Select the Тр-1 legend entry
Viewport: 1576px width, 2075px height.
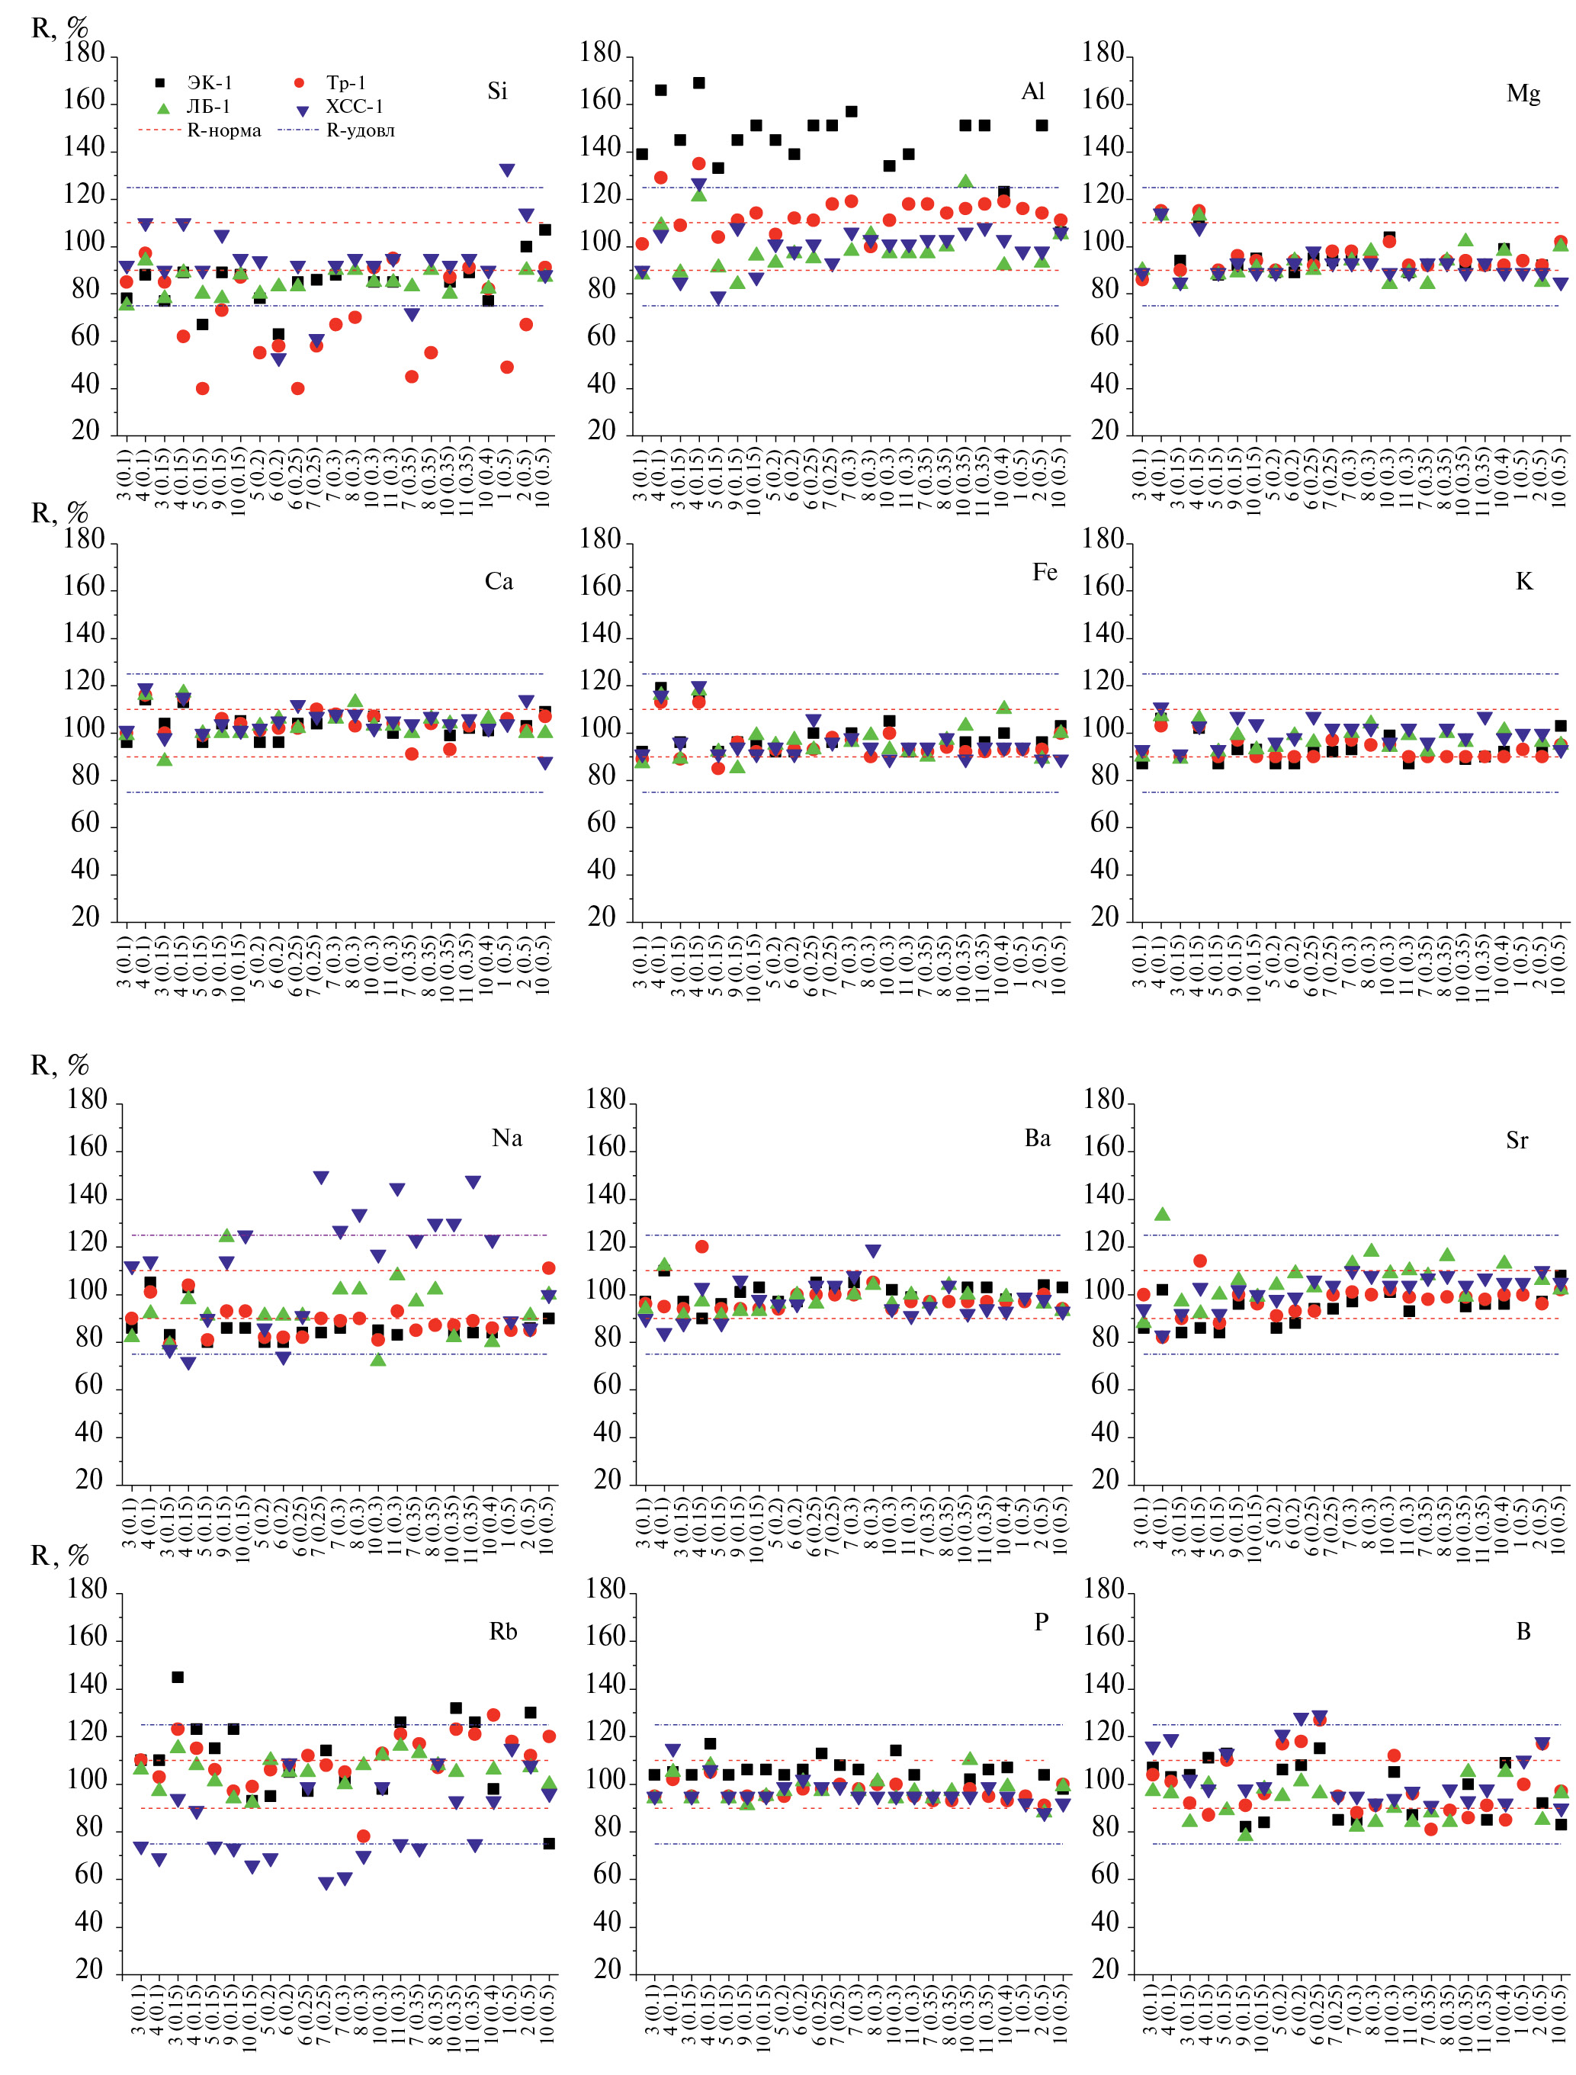[x=346, y=82]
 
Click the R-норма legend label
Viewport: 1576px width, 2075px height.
[x=224, y=130]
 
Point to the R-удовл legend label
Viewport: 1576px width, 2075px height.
[x=360, y=130]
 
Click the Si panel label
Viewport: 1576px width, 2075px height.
[x=497, y=91]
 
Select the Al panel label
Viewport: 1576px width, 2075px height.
[x=1033, y=91]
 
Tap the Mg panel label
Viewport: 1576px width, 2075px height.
[x=1523, y=93]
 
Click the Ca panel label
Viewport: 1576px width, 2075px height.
[x=499, y=582]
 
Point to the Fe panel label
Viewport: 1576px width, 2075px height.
[x=1044, y=572]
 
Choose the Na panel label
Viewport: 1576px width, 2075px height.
[x=506, y=1138]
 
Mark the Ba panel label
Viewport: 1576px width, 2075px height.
[x=1038, y=1138]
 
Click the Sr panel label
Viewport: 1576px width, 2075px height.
[x=1517, y=1140]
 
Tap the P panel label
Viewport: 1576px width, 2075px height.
[x=1042, y=1622]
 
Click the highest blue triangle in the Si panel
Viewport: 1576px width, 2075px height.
[x=506, y=170]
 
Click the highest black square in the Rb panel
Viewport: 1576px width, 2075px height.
[x=178, y=1676]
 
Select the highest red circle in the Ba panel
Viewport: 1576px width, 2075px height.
[x=701, y=1247]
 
